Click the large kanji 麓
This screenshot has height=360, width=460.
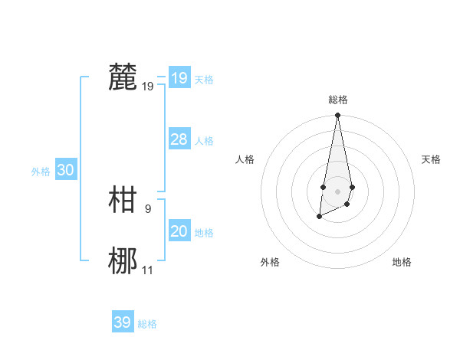tap(123, 77)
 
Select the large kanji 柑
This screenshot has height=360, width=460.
tap(123, 200)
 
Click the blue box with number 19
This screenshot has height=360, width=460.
tap(179, 77)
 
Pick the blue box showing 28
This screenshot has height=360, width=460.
tap(179, 139)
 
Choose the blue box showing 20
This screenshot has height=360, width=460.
tap(179, 231)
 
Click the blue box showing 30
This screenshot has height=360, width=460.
tap(65, 170)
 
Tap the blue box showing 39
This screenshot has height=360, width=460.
tap(122, 322)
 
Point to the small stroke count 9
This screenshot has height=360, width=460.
tap(147, 208)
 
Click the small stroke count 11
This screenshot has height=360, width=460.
tap(148, 270)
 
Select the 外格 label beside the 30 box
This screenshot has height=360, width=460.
tap(41, 172)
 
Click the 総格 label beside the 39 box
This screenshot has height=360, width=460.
tap(147, 324)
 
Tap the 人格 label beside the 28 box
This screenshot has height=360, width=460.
tap(204, 141)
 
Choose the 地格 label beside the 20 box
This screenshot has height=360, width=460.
tap(204, 233)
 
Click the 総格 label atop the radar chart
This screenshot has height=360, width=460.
tap(337, 100)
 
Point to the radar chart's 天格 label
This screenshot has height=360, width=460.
tap(431, 159)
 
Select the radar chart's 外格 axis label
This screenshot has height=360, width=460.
tap(270, 262)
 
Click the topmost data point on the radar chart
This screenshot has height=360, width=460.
tap(337, 115)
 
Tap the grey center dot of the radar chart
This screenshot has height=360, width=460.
tap(337, 191)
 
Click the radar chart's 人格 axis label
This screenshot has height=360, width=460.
tap(245, 159)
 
